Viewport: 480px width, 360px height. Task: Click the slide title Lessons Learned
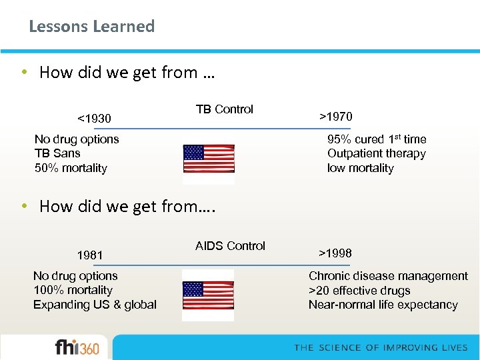coord(91,27)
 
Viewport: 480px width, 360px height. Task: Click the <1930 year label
coord(94,119)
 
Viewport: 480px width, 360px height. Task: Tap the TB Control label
coord(224,109)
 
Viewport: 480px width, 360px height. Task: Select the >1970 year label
coord(335,117)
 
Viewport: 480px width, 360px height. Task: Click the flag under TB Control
coord(209,159)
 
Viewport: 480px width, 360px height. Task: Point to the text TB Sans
coord(57,153)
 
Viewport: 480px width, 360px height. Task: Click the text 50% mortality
coord(71,168)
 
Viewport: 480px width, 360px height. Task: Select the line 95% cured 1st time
coord(376,139)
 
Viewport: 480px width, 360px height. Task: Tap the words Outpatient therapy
coord(376,153)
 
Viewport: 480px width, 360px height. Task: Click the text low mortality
coord(360,168)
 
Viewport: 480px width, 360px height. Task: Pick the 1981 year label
coord(90,255)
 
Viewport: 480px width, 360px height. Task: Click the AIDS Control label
coord(230,246)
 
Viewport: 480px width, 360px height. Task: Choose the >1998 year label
coord(335,253)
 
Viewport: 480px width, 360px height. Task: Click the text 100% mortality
coord(73,290)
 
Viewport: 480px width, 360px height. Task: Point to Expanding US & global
coord(95,305)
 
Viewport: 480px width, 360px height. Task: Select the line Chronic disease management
coord(388,276)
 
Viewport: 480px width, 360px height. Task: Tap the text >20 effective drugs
coord(359,291)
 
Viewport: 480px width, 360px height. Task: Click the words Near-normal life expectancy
coord(383,305)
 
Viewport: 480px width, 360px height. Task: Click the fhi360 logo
coord(77,347)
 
